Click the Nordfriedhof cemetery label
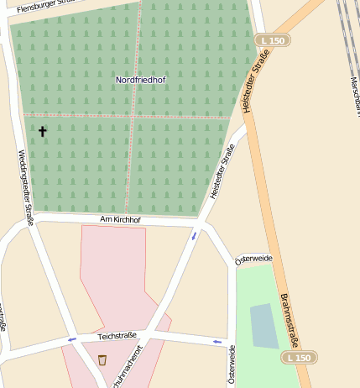(x=140, y=80)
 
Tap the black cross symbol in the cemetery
(x=42, y=132)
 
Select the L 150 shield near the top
(x=273, y=40)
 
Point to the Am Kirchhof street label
(x=120, y=220)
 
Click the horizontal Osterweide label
(x=254, y=259)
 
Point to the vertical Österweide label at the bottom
(x=232, y=366)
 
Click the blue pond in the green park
(x=264, y=326)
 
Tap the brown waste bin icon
(x=102, y=360)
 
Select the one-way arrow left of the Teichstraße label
(x=71, y=339)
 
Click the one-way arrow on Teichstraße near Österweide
(x=218, y=342)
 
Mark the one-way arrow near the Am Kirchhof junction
(x=195, y=235)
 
